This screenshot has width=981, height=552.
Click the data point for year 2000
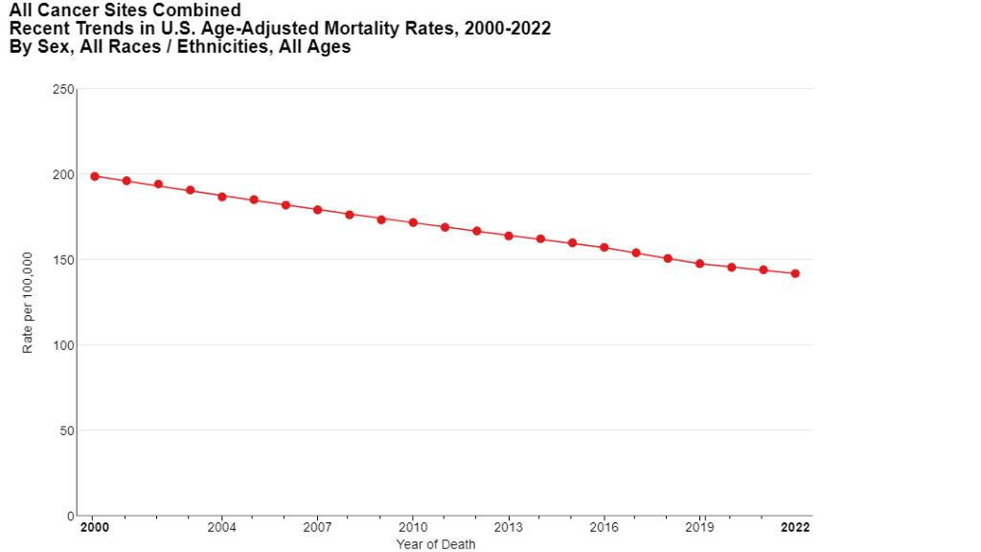tap(95, 176)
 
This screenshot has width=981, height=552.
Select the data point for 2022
tap(795, 273)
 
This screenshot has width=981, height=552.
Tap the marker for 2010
tap(413, 222)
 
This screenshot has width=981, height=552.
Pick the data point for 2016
tap(605, 247)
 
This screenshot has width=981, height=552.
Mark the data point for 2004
tap(222, 196)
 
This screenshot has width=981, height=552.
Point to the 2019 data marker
tap(699, 264)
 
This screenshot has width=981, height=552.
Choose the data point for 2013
tap(509, 236)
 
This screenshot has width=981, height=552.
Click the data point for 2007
tap(318, 210)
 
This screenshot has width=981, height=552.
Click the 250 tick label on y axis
tap(63, 89)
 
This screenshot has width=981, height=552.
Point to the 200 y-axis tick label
tap(63, 174)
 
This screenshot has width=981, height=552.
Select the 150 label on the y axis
tap(63, 260)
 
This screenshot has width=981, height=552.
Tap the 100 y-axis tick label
tap(63, 345)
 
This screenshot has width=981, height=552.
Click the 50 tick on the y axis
tap(66, 430)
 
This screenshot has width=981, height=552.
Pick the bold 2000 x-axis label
tap(94, 528)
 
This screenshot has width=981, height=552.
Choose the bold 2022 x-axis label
tap(796, 528)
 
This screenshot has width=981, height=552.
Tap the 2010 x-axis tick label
tap(413, 528)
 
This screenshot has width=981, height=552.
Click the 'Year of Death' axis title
tap(436, 544)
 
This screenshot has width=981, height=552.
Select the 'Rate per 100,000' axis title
tap(28, 303)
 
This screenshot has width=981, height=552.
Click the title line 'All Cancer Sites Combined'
tap(125, 11)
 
